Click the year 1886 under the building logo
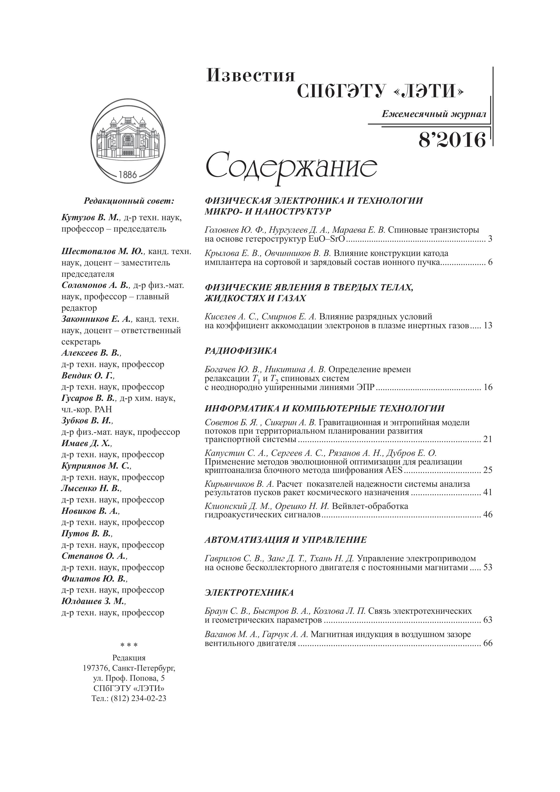pyautogui.click(x=128, y=174)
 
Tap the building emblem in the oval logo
pyautogui.click(x=127, y=136)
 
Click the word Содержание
pyautogui.click(x=291, y=167)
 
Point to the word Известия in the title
pyautogui.click(x=250, y=76)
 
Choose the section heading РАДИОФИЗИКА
pyautogui.click(x=241, y=351)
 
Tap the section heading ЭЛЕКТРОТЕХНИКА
pyautogui.click(x=249, y=593)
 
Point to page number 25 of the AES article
pyautogui.click(x=488, y=470)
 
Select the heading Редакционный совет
pyautogui.click(x=129, y=201)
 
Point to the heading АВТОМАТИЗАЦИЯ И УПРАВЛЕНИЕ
pyautogui.click(x=285, y=540)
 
